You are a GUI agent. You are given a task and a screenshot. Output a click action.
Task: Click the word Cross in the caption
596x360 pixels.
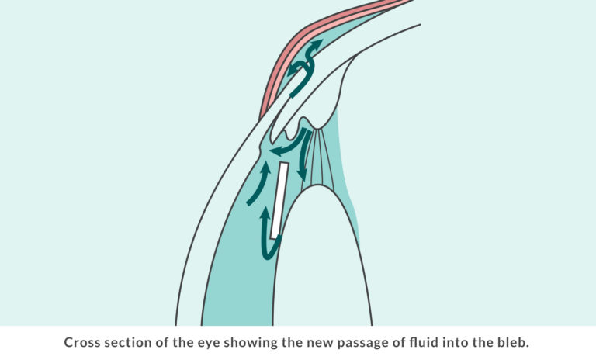[82, 342]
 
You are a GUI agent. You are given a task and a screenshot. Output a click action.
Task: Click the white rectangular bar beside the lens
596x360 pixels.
[279, 200]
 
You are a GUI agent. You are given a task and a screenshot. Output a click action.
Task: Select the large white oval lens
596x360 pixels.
[322, 258]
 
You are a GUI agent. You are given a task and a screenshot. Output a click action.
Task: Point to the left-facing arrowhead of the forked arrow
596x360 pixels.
[293, 71]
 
